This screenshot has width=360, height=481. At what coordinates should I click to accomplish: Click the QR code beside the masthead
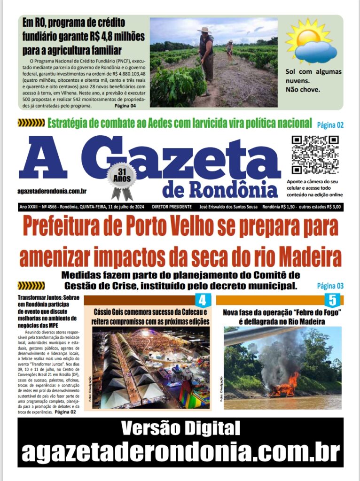click(315, 155)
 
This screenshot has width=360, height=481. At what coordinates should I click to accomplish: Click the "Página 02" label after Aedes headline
click(330, 125)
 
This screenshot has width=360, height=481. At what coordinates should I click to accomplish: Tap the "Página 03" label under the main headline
click(330, 286)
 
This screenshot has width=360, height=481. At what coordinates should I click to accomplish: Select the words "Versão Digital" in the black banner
click(180, 428)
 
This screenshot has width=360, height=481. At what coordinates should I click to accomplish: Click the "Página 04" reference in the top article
click(125, 106)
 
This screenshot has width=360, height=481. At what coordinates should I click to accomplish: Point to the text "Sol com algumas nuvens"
click(313, 76)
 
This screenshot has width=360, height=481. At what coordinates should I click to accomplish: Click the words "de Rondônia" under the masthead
click(220, 189)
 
